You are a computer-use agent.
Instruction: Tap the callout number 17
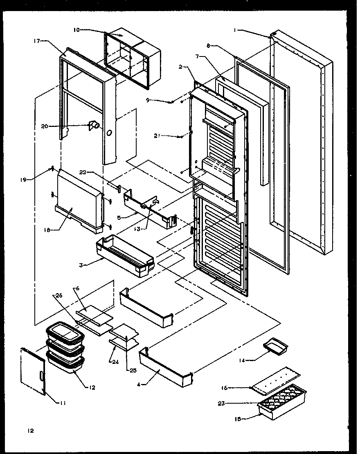[x=37, y=41]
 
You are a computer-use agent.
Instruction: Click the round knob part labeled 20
[x=94, y=125]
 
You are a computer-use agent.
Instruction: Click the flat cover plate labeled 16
[x=276, y=381]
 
